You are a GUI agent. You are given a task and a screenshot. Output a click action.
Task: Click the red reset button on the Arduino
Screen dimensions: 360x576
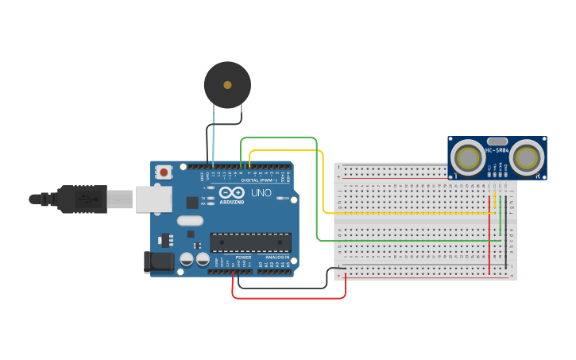coord(164,172)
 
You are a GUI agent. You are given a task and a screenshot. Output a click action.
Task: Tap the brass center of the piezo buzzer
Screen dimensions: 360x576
coord(227,84)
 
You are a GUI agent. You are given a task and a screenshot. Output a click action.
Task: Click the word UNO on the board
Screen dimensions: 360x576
coord(261,193)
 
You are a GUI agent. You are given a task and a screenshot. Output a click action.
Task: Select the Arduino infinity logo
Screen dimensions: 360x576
coord(233,193)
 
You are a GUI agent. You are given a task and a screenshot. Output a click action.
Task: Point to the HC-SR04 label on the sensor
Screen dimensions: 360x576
coord(497,150)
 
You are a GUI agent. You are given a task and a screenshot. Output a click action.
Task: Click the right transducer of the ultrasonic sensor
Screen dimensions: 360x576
coord(527,158)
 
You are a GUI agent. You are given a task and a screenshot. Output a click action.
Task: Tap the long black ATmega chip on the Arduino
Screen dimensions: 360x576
coord(250,242)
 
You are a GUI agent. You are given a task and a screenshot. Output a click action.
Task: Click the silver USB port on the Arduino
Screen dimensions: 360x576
coord(153,199)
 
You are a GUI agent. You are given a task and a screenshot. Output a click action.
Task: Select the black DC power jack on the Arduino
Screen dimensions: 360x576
coord(158,262)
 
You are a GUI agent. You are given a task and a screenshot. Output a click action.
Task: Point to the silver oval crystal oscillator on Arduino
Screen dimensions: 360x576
coord(190,222)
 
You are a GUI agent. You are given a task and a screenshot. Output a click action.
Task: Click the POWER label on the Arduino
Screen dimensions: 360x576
coord(243,257)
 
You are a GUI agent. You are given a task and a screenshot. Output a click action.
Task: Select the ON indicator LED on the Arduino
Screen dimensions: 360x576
coord(279,198)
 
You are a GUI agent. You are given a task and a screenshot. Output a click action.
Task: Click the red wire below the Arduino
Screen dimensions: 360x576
coord(286,298)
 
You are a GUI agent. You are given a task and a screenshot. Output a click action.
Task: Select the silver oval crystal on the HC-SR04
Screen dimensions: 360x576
coord(497,141)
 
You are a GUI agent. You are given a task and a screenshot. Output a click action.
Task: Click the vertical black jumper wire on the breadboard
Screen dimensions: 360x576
coord(506,230)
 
